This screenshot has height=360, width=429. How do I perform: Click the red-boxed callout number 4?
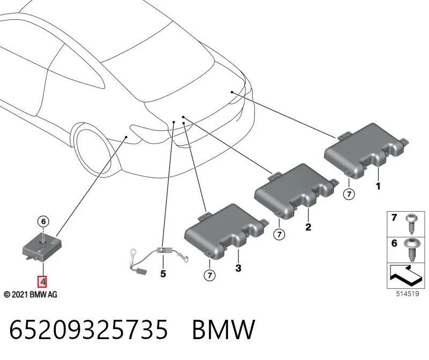(42, 282)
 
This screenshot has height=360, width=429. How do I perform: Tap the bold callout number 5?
(163, 274)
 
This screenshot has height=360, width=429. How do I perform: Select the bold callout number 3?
(238, 268)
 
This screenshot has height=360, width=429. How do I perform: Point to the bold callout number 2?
(308, 227)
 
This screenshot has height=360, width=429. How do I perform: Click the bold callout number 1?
(378, 186)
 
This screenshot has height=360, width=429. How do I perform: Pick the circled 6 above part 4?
(43, 221)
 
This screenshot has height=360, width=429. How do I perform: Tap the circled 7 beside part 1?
(349, 194)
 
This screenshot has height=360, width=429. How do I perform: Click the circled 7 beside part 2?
(279, 235)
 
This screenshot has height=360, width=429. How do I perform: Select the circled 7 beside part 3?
(210, 275)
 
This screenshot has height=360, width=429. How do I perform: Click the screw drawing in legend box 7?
(411, 224)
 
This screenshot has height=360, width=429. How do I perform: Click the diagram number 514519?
(408, 294)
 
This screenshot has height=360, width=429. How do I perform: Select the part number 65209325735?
(88, 329)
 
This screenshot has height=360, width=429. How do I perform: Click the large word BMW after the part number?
(224, 329)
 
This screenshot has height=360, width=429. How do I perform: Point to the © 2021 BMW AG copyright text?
(31, 295)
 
